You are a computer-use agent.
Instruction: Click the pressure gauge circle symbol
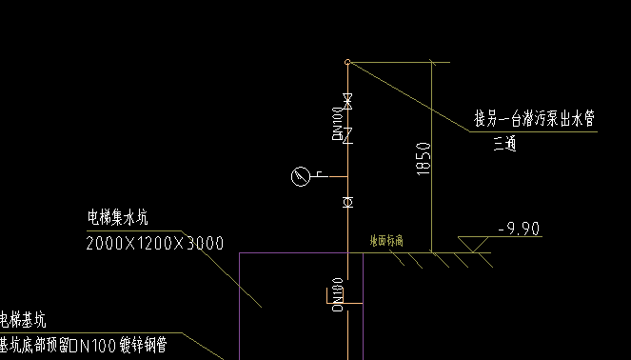tap(302, 176)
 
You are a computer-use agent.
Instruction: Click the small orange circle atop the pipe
tap(347, 62)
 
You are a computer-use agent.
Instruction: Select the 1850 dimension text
tap(424, 158)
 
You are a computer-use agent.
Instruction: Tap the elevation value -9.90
tap(519, 228)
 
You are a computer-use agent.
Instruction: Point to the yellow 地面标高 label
tap(386, 242)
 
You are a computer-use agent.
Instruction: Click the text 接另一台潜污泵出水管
tap(534, 120)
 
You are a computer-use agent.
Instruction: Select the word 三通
tap(504, 145)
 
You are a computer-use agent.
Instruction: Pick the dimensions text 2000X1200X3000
tap(154, 244)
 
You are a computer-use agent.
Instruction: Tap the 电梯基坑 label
tap(23, 319)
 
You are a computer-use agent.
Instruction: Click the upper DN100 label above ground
tap(337, 125)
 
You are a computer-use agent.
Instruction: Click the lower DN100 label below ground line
tap(336, 293)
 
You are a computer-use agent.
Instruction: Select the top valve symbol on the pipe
tap(347, 100)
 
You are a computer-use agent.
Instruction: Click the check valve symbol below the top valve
tap(347, 134)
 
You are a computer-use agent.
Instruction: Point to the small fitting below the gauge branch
tap(347, 202)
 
